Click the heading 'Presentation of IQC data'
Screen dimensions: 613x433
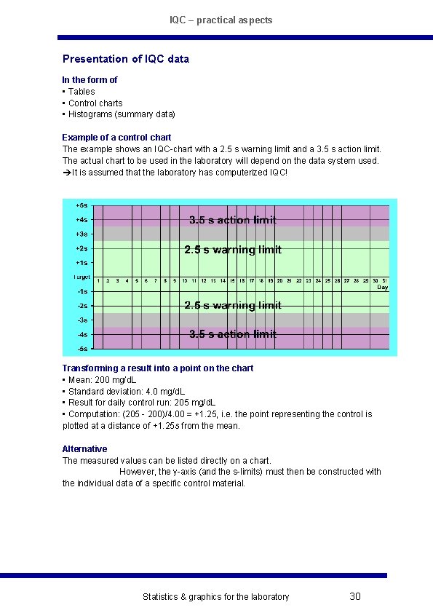[x=125, y=59]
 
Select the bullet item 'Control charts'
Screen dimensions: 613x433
[x=95, y=103]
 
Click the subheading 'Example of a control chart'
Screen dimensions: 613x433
[x=116, y=137]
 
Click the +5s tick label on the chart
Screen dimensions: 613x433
[x=82, y=205]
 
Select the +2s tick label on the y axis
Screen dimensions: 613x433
[x=82, y=249]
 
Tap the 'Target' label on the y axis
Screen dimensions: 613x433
[x=81, y=277]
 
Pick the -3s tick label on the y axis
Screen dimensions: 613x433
[x=82, y=320]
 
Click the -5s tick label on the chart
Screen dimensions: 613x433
[x=82, y=348]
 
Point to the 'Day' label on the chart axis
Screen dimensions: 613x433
[x=383, y=288]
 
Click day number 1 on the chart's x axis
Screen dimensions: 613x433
[x=98, y=280]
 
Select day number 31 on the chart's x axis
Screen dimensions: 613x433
[x=384, y=280]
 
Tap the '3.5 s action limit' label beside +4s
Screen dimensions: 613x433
[x=233, y=220]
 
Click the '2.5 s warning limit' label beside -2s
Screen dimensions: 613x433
[x=233, y=305]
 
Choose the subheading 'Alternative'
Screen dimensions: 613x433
[x=84, y=449]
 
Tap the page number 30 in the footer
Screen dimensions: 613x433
[x=355, y=597]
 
